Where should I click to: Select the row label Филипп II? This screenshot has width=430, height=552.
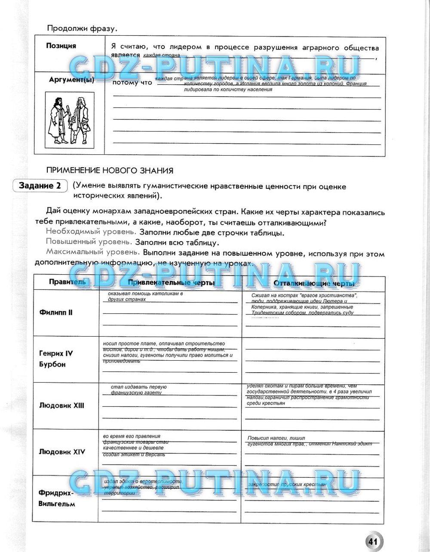[x=56, y=313]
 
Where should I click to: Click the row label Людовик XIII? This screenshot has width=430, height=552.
[x=61, y=405]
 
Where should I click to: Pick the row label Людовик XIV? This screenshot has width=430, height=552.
[x=62, y=452]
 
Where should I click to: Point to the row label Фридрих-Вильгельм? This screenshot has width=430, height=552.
[x=56, y=498]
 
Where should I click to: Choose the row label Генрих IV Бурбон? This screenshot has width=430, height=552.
[x=56, y=359]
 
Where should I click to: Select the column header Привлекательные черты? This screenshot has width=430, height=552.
[x=171, y=283]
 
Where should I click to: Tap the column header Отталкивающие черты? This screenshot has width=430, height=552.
[x=314, y=283]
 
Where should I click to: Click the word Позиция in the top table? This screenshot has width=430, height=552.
[x=61, y=46]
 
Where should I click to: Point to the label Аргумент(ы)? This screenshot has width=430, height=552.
[x=71, y=80]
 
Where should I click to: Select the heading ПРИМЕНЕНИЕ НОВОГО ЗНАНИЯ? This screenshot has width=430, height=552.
[x=110, y=171]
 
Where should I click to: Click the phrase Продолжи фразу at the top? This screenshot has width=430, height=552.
[x=82, y=29]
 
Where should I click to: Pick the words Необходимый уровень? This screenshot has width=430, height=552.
[x=88, y=232]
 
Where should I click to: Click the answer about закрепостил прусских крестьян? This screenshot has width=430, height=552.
[x=287, y=485]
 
